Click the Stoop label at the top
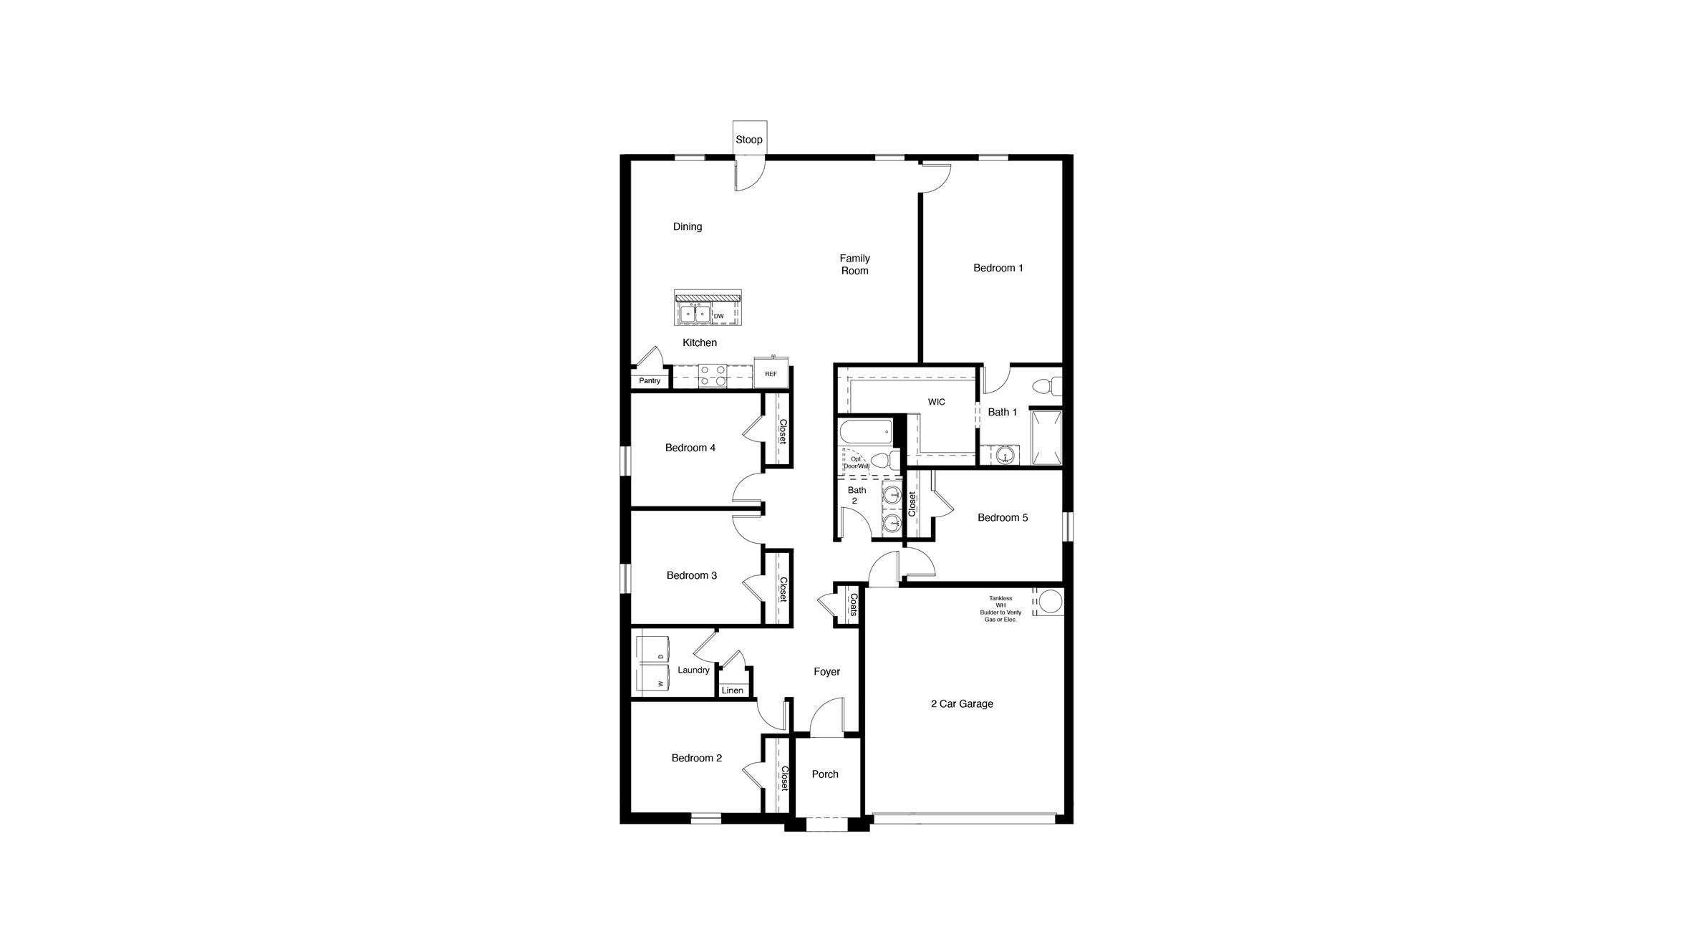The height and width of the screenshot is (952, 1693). [x=749, y=140]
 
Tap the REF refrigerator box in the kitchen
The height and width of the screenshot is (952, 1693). [x=771, y=374]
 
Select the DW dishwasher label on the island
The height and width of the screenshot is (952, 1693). [x=719, y=316]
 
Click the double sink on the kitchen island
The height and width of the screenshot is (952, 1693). [x=193, y=314]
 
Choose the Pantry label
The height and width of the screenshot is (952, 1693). [x=650, y=380]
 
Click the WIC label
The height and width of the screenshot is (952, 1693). [x=936, y=402]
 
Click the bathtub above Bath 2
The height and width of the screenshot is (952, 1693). [x=866, y=432]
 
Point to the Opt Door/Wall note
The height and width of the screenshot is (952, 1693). [x=856, y=462]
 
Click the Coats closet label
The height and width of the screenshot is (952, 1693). [x=853, y=605]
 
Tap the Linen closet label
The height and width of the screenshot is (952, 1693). [x=732, y=691]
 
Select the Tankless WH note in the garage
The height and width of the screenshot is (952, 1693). [x=1000, y=608]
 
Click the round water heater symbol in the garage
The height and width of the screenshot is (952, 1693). [x=1050, y=602]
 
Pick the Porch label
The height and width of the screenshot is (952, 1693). [x=825, y=774]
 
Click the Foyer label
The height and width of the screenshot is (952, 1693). [x=826, y=671]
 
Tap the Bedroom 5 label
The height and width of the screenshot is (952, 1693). [x=1003, y=517]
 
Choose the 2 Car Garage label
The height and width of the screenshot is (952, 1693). [x=962, y=703]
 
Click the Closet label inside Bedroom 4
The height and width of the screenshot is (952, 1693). [x=783, y=431]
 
